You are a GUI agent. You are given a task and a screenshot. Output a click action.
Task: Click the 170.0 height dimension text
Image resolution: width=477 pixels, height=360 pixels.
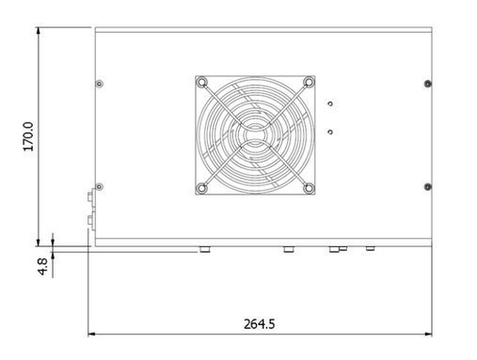pyautogui.click(x=28, y=136)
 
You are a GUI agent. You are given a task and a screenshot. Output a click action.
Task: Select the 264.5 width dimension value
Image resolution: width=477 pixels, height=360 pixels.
pyautogui.click(x=260, y=324)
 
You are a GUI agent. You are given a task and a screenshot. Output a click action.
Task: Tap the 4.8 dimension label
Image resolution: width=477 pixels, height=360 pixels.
pyautogui.click(x=42, y=266)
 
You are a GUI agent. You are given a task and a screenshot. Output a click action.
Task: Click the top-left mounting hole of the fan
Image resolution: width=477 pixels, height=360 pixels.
pyautogui.click(x=201, y=83)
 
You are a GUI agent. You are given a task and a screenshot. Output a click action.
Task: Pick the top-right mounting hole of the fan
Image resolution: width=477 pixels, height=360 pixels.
pyautogui.click(x=309, y=82)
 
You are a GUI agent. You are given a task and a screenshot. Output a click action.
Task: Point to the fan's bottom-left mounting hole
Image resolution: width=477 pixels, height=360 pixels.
pyautogui.click(x=201, y=188)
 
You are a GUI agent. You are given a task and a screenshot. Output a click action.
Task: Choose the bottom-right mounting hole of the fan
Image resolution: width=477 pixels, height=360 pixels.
pyautogui.click(x=309, y=188)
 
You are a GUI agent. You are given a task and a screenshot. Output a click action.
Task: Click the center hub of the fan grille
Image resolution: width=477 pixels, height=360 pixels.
pyautogui.click(x=255, y=135)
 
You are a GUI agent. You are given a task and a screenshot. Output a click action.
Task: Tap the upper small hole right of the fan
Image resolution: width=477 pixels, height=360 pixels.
pyautogui.click(x=330, y=103)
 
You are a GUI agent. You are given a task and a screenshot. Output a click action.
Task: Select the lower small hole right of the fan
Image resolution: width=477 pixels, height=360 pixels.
pyautogui.click(x=330, y=132)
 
